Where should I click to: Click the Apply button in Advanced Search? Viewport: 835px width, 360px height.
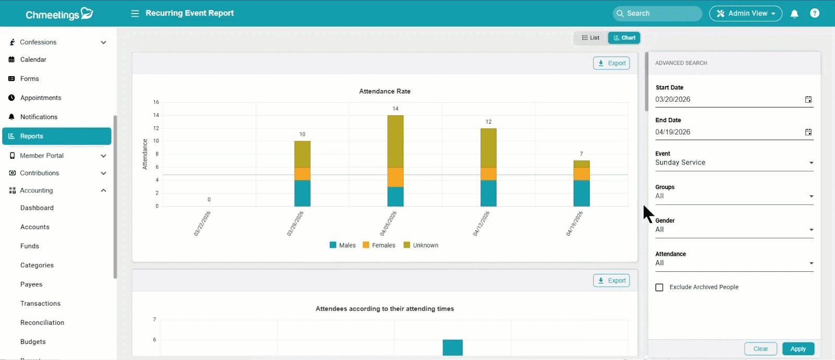coord(798,349)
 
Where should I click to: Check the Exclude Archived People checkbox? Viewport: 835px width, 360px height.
coord(659,287)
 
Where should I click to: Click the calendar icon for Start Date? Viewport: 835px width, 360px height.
coord(808,100)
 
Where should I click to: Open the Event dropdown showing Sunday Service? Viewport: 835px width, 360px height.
coord(734,163)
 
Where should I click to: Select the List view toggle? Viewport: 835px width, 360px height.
coord(590,38)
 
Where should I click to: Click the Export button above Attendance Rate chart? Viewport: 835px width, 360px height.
coord(611,63)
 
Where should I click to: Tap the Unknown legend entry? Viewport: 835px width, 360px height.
coord(421,245)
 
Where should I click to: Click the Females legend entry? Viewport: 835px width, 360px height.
coord(379,245)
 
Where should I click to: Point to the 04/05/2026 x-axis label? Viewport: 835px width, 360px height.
coord(388,224)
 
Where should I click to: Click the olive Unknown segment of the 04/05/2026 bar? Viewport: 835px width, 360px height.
coord(395,141)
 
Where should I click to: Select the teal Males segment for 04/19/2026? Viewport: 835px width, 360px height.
coord(581,194)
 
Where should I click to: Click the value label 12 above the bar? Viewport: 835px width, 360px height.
coord(488,122)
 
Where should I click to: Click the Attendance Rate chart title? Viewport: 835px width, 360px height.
coord(385,91)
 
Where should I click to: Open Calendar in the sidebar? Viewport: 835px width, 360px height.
coord(33,59)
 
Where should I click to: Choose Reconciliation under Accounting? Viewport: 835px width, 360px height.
coord(42,323)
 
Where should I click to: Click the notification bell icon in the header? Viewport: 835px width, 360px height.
coord(794,14)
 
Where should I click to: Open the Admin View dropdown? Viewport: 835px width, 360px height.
coord(746,14)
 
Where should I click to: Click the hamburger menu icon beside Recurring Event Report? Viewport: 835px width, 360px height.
coord(135,14)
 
